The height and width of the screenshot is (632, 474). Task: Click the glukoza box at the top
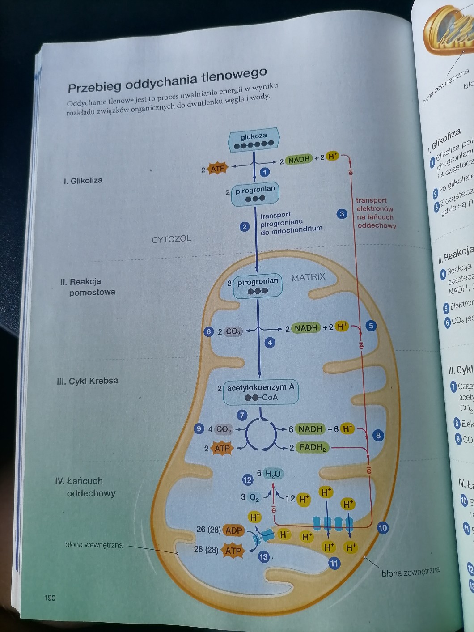[x=254, y=140]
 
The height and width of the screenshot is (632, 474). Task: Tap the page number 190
[x=50, y=598]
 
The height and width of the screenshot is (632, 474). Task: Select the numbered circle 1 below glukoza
[x=265, y=172]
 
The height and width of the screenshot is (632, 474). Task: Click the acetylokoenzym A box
[x=261, y=392]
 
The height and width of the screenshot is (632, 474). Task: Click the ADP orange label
[x=233, y=530]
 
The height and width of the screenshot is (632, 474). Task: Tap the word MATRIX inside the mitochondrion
[x=308, y=277]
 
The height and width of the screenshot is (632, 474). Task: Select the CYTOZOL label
[x=171, y=239]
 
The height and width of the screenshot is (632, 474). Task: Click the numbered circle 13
[x=264, y=557]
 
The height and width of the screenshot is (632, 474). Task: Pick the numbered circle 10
[x=382, y=528]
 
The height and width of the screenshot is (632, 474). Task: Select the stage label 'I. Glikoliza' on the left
[x=83, y=181]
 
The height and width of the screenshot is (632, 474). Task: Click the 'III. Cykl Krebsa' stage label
[x=88, y=381]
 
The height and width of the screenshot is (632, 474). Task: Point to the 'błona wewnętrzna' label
[x=93, y=545]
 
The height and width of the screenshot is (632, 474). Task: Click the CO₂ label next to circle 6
[x=233, y=331]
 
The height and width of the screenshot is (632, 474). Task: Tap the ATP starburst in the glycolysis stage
[x=218, y=169]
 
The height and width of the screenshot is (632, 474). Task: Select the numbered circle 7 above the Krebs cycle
[x=242, y=415]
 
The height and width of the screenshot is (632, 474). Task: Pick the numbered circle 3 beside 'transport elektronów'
[x=342, y=214]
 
